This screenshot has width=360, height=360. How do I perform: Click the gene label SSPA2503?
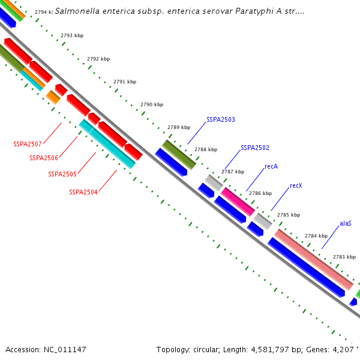[221, 120]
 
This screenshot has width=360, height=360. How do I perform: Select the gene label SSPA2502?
[255, 148]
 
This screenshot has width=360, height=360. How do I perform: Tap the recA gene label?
[271, 166]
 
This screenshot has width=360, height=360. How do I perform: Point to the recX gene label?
[296, 186]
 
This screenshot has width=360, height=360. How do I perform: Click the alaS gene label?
[346, 223]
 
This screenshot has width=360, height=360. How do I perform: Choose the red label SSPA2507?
[28, 144]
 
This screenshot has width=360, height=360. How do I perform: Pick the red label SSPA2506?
[44, 158]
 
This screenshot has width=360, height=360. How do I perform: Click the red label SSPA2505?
[62, 174]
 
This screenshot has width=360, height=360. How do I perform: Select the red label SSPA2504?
[83, 193]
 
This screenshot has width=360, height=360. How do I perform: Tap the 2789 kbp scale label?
[179, 127]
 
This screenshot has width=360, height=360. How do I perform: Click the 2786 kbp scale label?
[260, 193]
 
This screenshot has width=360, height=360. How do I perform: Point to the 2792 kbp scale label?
[98, 59]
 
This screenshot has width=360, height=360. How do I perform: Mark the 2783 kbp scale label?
[344, 256]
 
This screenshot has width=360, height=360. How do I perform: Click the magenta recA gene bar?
[238, 201]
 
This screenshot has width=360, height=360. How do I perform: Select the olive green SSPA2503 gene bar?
[179, 154]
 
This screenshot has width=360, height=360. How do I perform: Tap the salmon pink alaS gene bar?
[314, 259]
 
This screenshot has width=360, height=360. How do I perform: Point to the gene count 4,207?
[344, 349]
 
